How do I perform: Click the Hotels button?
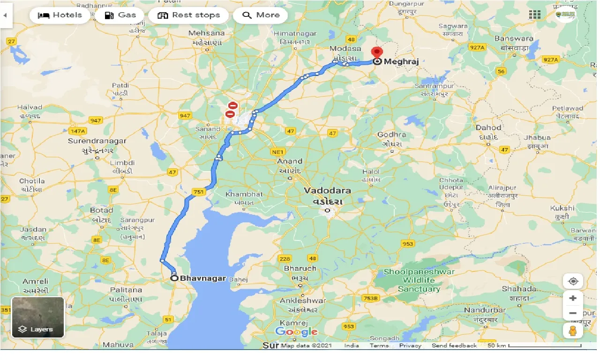pos(60,15)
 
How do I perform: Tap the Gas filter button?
pos(120,15)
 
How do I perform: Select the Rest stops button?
pos(188,15)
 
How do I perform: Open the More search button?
pos(261,15)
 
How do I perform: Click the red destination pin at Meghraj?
pos(376,52)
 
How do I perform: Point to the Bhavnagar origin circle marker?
pos(174,278)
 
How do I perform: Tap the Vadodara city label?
pos(327,191)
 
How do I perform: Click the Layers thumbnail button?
pos(38,317)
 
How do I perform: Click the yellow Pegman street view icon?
pos(573,330)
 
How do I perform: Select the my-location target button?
pos(573,281)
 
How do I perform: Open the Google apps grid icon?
pos(535,15)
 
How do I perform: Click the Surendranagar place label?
pos(97,141)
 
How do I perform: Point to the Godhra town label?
pos(391,135)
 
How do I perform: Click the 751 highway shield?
pos(198,191)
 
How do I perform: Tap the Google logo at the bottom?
pos(296,332)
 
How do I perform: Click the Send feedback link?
pos(454,345)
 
